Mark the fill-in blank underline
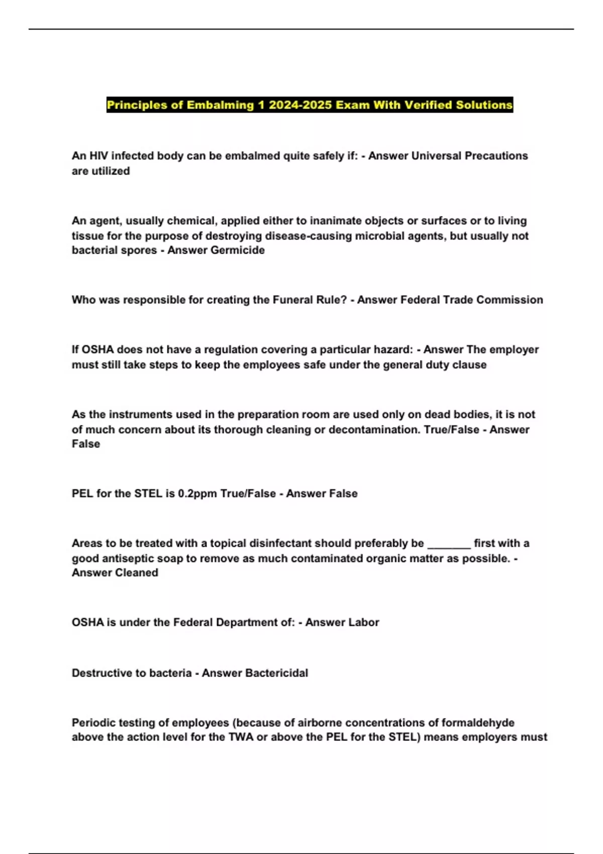449,545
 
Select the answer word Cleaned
136,573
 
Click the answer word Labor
361,622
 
